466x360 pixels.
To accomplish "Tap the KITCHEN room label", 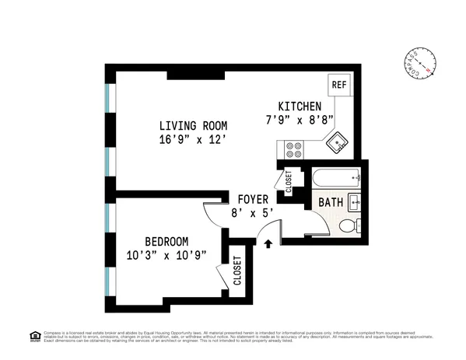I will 300,107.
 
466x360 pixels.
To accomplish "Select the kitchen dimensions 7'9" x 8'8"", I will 300,121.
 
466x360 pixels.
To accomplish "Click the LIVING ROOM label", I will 193,126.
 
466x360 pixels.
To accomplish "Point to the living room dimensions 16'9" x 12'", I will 193,141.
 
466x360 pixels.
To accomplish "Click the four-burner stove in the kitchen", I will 294,148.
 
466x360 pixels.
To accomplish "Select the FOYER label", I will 253,198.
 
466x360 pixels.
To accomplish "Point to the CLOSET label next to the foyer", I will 289,182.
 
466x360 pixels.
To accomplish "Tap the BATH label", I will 331,203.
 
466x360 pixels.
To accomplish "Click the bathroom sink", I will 356,201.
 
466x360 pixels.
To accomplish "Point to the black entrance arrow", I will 268,244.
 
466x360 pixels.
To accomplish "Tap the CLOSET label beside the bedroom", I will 237,271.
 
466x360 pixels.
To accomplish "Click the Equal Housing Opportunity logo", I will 33,336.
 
